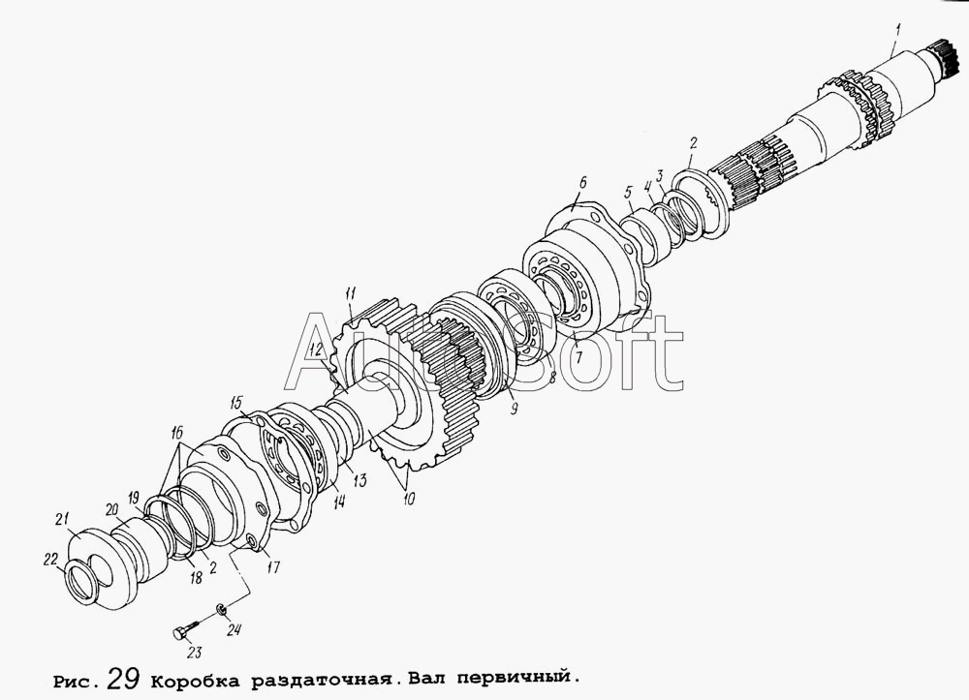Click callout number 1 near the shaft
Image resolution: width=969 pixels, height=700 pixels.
tap(898, 28)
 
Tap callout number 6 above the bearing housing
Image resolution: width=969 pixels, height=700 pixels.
tap(582, 183)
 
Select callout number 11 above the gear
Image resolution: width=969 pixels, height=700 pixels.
tap(351, 293)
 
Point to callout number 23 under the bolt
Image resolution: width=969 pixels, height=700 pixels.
tap(194, 653)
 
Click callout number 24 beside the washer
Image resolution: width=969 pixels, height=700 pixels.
tap(234, 629)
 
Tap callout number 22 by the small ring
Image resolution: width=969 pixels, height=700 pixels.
tap(50, 560)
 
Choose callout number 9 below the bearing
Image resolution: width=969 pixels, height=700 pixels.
tap(514, 408)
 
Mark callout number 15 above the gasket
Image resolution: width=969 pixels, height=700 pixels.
tap(236, 402)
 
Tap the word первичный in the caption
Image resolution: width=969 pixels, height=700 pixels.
tap(512, 679)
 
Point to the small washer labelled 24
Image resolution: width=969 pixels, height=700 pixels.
tap(221, 611)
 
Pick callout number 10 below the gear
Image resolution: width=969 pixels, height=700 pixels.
tap(409, 499)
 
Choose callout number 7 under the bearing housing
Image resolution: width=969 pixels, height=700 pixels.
tap(578, 357)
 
